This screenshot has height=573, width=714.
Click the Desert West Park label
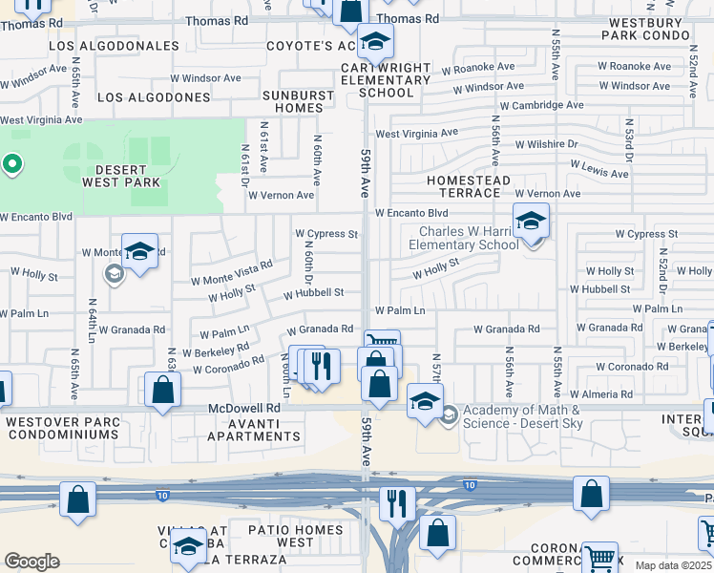tap(120, 174)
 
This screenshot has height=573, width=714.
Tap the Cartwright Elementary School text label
tap(387, 80)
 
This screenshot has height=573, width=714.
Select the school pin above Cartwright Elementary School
tap(375, 42)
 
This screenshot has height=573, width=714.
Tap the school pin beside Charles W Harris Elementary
tap(531, 223)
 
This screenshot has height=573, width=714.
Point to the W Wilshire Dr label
tap(546, 144)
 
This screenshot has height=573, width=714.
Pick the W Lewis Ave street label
tap(598, 169)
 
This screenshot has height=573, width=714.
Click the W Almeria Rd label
tap(600, 393)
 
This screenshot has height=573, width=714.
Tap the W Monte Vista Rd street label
tap(232, 273)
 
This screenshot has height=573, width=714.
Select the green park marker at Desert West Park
tap(11, 164)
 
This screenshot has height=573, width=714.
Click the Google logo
tap(31, 561)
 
